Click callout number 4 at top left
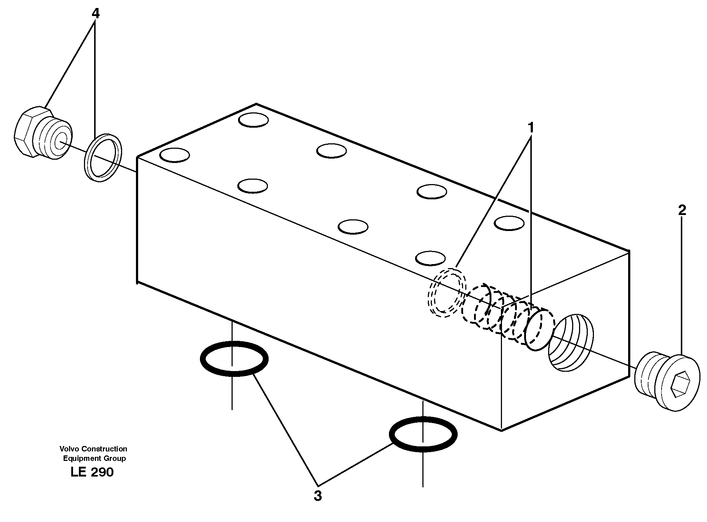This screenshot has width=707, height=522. click(x=95, y=13)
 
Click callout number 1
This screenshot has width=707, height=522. click(x=531, y=128)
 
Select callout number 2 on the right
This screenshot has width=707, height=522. click(x=682, y=210)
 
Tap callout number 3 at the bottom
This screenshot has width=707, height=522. click(x=318, y=496)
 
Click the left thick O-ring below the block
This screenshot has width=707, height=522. click(x=234, y=359)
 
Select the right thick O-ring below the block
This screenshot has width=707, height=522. click(x=423, y=434)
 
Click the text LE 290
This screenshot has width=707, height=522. click(x=92, y=472)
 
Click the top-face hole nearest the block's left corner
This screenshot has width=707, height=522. click(x=174, y=155)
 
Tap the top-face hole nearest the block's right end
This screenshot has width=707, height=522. click(x=510, y=223)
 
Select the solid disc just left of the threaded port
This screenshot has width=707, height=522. click(x=539, y=330)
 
